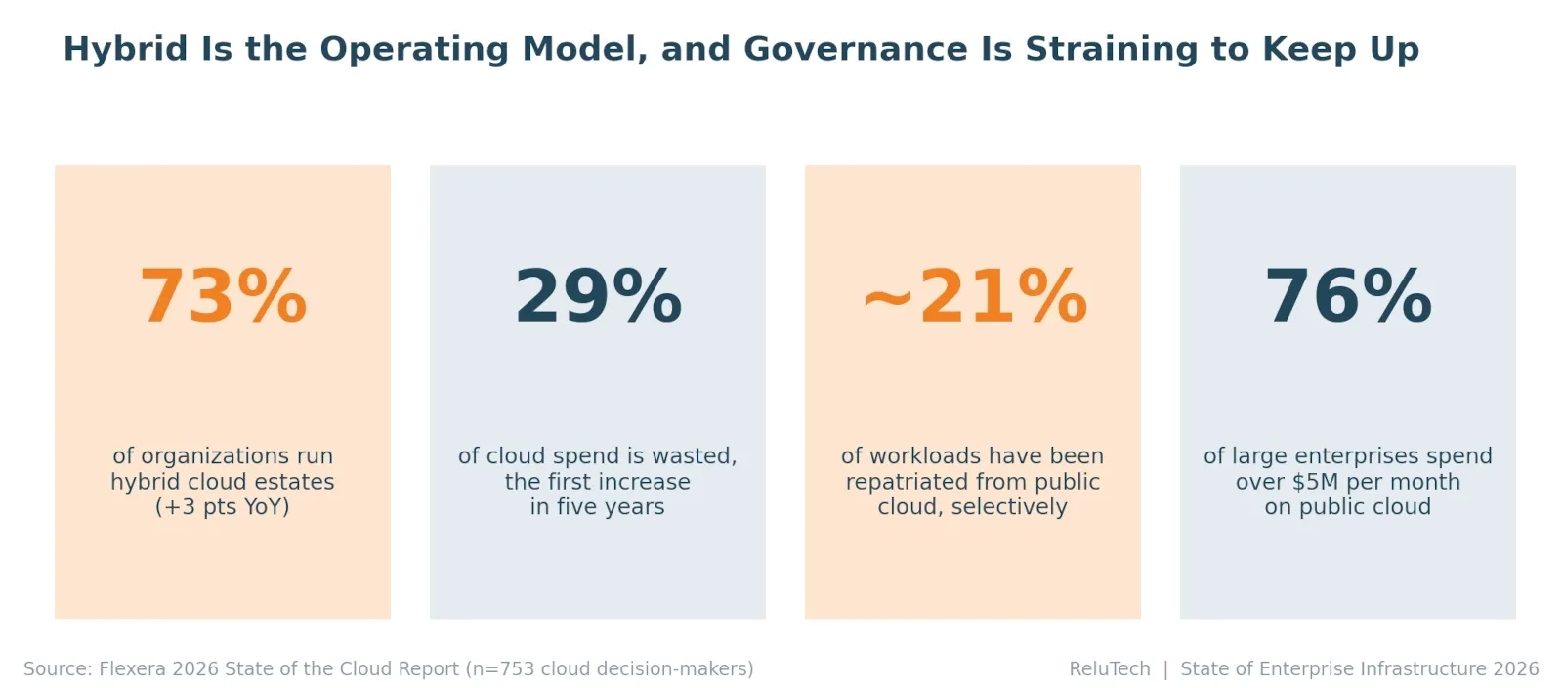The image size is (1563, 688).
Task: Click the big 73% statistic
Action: [223, 296]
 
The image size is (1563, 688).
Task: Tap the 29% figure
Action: [598, 296]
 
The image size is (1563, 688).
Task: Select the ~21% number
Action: [975, 296]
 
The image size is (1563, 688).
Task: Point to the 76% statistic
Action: [1348, 296]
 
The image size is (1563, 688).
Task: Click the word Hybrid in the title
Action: [126, 50]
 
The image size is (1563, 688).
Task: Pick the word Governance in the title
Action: [856, 49]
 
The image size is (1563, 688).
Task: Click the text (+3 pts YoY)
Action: [222, 507]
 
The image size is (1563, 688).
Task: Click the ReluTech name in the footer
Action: [1110, 669]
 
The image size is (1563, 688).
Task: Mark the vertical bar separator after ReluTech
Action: [1165, 669]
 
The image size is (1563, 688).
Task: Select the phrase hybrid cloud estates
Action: [223, 482]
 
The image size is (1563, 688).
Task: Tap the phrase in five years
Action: [597, 507]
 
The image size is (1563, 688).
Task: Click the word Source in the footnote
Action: [58, 669]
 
